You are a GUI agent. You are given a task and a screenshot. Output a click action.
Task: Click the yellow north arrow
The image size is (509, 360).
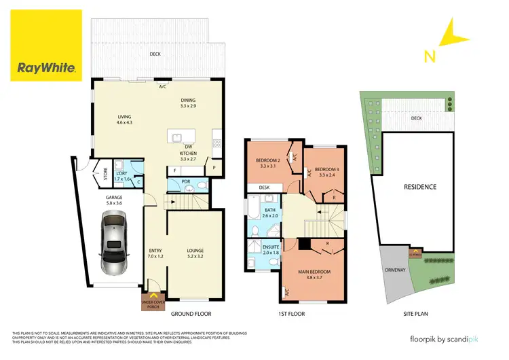(x=448, y=32)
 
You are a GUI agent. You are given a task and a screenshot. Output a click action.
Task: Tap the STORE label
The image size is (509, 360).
(x=105, y=175)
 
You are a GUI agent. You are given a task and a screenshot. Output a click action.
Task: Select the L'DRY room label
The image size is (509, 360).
(x=122, y=175)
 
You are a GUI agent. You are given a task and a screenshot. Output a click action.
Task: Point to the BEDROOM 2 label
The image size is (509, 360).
(x=267, y=162)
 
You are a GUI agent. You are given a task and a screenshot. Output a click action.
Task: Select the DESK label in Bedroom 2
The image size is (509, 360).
(x=264, y=187)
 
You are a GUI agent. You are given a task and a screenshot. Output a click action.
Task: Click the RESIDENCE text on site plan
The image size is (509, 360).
(x=420, y=186)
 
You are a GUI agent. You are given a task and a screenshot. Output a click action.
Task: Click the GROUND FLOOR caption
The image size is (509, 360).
(x=191, y=314)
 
